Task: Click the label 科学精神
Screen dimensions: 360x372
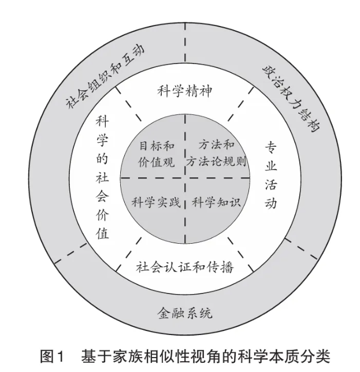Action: pos(184,91)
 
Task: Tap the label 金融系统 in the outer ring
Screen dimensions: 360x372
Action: pos(185,313)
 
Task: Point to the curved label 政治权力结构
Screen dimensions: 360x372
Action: pos(291,98)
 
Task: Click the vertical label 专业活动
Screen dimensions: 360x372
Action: pos(271,175)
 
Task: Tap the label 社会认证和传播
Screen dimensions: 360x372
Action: pos(185,267)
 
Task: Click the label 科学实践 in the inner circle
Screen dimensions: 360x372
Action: pos(156,202)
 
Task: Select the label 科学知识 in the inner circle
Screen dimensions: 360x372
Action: pos(216,202)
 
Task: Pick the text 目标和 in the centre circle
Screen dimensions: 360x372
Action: pos(157,146)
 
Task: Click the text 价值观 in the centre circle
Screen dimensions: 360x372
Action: pos(157,162)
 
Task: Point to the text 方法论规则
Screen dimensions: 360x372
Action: pos(216,162)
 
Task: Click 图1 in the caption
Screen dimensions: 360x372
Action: pos(52,356)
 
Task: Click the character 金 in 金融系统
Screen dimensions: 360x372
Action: pos(164,313)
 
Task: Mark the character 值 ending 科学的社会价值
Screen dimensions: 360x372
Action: pos(102,233)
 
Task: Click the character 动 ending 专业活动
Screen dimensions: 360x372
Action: pos(271,203)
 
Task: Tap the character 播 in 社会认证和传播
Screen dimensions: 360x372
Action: pos(227,267)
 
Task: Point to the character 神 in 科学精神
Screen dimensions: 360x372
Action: pos(205,91)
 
